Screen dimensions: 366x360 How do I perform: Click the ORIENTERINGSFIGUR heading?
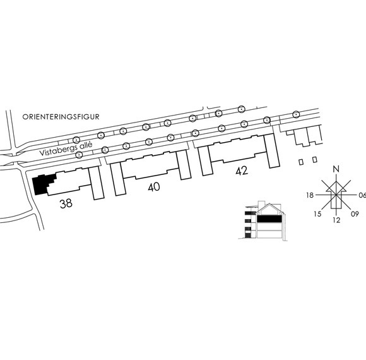61,117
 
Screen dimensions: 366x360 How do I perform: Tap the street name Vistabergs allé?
66,148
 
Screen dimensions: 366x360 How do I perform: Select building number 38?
66,203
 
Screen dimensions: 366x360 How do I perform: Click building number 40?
154,187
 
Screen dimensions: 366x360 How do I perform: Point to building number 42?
242,171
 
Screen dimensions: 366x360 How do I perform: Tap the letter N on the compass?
336,169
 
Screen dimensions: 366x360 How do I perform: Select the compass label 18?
310,195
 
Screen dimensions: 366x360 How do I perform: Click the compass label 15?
317,213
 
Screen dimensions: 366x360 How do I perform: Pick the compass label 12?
336,220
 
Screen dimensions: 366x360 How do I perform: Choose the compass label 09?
355,213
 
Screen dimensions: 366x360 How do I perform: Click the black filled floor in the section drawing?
269,219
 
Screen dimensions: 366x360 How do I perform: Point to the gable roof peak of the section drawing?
269,204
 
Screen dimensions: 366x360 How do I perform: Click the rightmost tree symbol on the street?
296,114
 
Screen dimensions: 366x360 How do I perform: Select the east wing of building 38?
97,183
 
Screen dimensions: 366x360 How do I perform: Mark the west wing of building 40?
118,179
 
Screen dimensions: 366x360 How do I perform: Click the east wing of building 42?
272,151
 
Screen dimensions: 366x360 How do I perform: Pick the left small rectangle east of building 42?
302,162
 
